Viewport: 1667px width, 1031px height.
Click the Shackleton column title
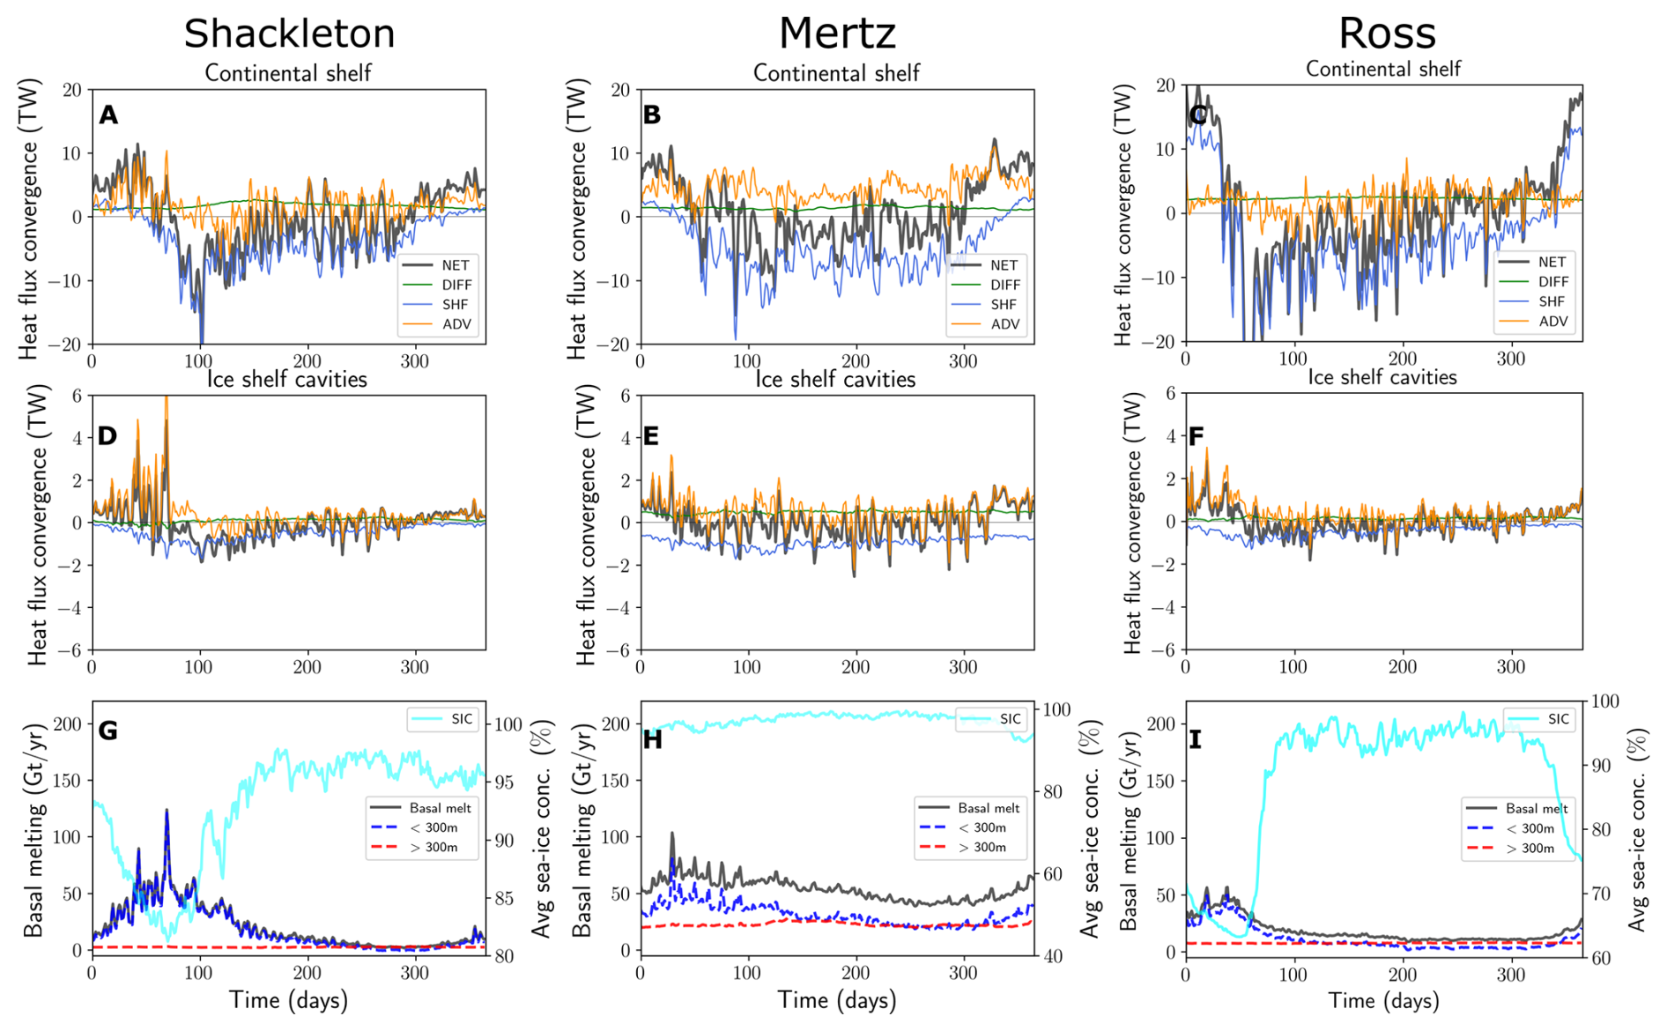click(x=289, y=33)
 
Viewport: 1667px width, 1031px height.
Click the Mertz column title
click(x=837, y=33)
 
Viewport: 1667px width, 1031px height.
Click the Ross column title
click(x=1387, y=33)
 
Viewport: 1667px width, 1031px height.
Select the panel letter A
click(x=108, y=115)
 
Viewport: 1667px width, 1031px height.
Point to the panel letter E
click(x=651, y=436)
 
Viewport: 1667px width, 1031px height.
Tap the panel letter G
click(x=107, y=731)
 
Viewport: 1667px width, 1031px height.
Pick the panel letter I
click(x=1195, y=739)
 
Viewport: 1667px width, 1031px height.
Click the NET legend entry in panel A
click(x=455, y=265)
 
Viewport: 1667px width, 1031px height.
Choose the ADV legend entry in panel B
click(x=1004, y=323)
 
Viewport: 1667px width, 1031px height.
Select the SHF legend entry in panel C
click(x=1552, y=301)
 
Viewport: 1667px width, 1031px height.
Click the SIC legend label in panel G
click(x=462, y=719)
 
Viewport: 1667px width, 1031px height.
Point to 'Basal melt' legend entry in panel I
click(x=1537, y=808)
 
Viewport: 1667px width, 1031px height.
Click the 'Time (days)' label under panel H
click(x=837, y=1000)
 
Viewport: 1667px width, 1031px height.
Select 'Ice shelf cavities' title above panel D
click(x=287, y=379)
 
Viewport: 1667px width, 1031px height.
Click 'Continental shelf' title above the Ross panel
click(x=1383, y=69)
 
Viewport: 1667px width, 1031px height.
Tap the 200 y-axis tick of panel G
click(x=67, y=723)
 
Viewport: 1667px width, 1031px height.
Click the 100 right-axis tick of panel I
click(x=1605, y=701)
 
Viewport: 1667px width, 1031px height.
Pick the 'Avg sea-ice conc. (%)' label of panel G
click(x=543, y=828)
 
